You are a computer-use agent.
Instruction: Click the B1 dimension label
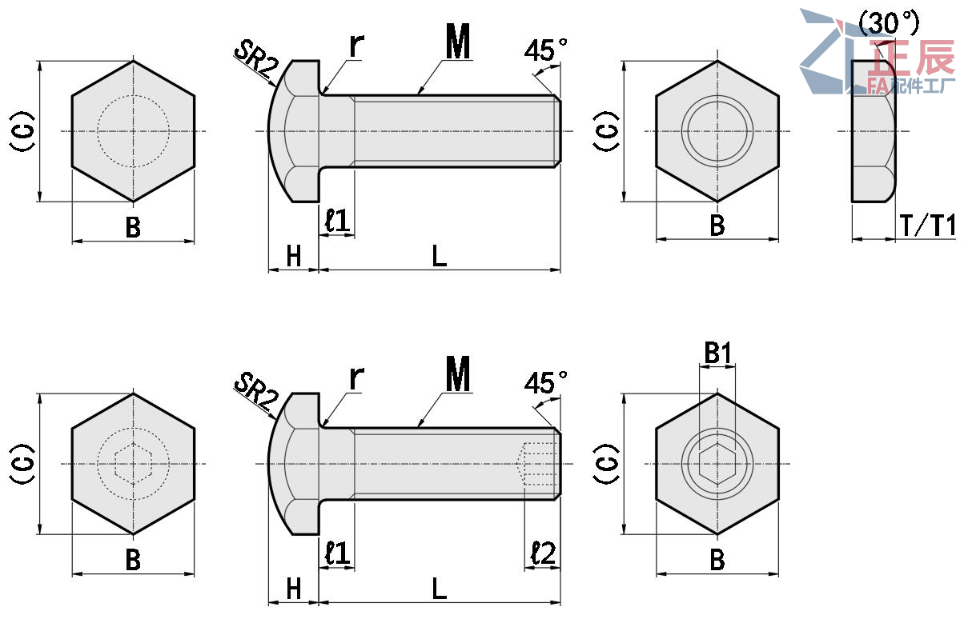tap(717, 353)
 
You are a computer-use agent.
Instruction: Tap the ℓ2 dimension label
tap(543, 553)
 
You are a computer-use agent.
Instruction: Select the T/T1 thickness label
tap(928, 225)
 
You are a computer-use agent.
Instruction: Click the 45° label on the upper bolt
tap(545, 50)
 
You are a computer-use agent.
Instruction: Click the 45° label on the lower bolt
tap(545, 383)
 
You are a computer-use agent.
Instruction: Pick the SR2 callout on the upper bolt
tap(256, 58)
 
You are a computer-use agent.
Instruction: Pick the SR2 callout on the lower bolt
tap(256, 391)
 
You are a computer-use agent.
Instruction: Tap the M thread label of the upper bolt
tap(458, 41)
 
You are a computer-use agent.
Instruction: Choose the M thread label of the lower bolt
tap(458, 373)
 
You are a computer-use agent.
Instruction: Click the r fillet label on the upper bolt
tap(357, 44)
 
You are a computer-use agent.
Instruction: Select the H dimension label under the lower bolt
tap(294, 589)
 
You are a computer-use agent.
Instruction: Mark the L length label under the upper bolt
tap(439, 256)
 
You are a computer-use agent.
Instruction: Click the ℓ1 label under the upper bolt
tap(337, 220)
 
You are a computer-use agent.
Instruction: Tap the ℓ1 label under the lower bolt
tap(337, 553)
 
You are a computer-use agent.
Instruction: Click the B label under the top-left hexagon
tap(133, 227)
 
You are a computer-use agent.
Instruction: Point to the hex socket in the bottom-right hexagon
tap(717, 464)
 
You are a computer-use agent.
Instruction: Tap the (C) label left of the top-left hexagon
tap(22, 131)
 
